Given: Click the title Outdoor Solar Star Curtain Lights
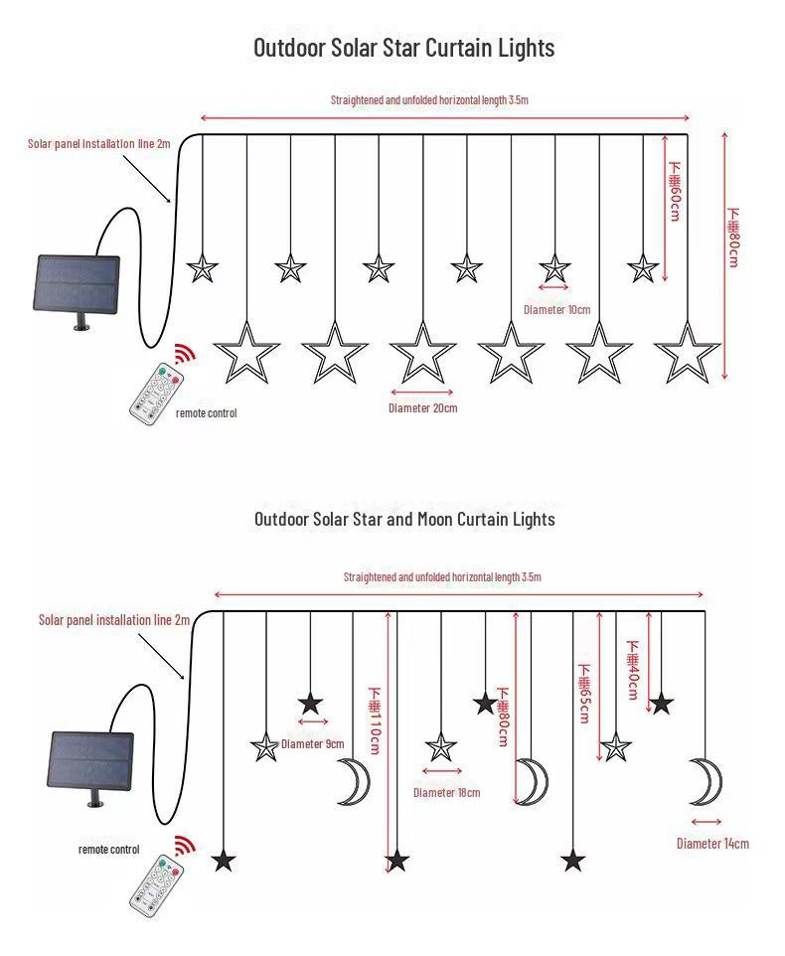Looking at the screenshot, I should [403, 48].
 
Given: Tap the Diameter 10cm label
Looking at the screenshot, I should [556, 310].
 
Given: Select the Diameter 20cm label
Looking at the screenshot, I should [422, 407].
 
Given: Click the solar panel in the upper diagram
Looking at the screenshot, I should [78, 284].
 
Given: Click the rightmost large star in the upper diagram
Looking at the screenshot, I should [688, 353].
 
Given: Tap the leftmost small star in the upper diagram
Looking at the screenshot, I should [203, 268].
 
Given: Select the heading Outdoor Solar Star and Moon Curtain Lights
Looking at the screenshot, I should [404, 519].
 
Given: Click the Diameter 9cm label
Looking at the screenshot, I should [312, 743].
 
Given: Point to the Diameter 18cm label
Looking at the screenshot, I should [446, 792].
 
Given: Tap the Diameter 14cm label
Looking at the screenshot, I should [712, 844].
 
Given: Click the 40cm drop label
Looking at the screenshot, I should [633, 669].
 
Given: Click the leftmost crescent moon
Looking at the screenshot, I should [352, 780].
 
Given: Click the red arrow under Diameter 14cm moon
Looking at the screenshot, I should [706, 821].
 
